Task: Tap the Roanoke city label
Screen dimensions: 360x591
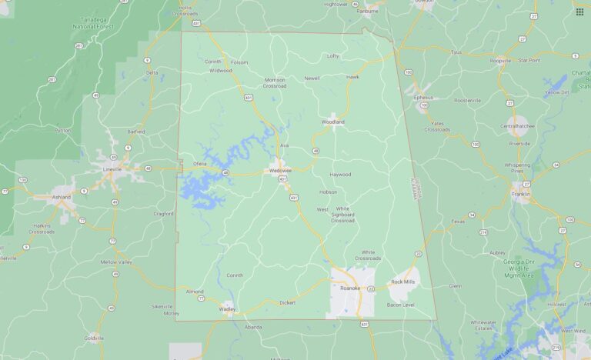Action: [x=350, y=288]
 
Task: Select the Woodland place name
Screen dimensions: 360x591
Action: [x=332, y=122]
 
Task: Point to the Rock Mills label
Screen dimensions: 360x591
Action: [x=402, y=282]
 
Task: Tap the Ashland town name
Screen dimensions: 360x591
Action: [x=61, y=197]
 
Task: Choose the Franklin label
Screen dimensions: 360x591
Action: [x=521, y=195]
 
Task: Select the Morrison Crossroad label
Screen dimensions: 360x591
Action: [x=275, y=82]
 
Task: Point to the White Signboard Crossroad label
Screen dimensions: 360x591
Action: [x=342, y=214]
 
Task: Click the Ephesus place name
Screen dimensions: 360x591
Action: [x=423, y=98]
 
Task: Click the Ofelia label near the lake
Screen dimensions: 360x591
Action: [x=199, y=163]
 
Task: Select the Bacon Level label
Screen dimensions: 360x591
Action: [x=400, y=305]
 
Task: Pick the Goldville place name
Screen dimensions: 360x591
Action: [x=94, y=337]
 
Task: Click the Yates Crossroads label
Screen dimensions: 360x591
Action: [x=437, y=126]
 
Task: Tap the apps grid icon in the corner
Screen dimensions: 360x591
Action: [x=579, y=12]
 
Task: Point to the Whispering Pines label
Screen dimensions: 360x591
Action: [x=518, y=167]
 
